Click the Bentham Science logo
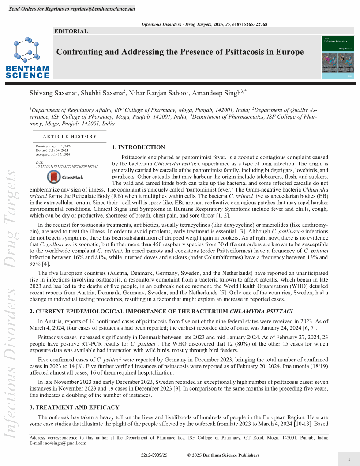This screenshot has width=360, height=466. [28, 58]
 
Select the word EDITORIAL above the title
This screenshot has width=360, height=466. [71, 31]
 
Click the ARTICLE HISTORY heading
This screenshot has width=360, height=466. [70, 137]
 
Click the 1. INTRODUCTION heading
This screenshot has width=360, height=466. [139, 147]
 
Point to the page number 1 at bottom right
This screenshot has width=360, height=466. [349, 459]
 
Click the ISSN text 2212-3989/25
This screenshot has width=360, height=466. [154, 455]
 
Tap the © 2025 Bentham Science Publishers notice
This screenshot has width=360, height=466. [223, 455]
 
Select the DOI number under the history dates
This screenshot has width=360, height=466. [67, 167]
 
